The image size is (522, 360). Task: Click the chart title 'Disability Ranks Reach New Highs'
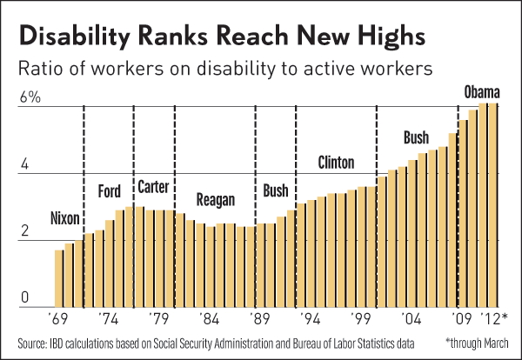[221, 37]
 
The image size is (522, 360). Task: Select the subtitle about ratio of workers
[218, 66]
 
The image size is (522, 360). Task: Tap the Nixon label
[68, 217]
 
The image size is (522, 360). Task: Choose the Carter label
[153, 188]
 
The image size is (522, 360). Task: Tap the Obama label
[480, 91]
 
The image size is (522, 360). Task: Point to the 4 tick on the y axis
[26, 164]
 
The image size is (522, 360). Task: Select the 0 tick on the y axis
[26, 298]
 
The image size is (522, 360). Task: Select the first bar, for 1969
[59, 278]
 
